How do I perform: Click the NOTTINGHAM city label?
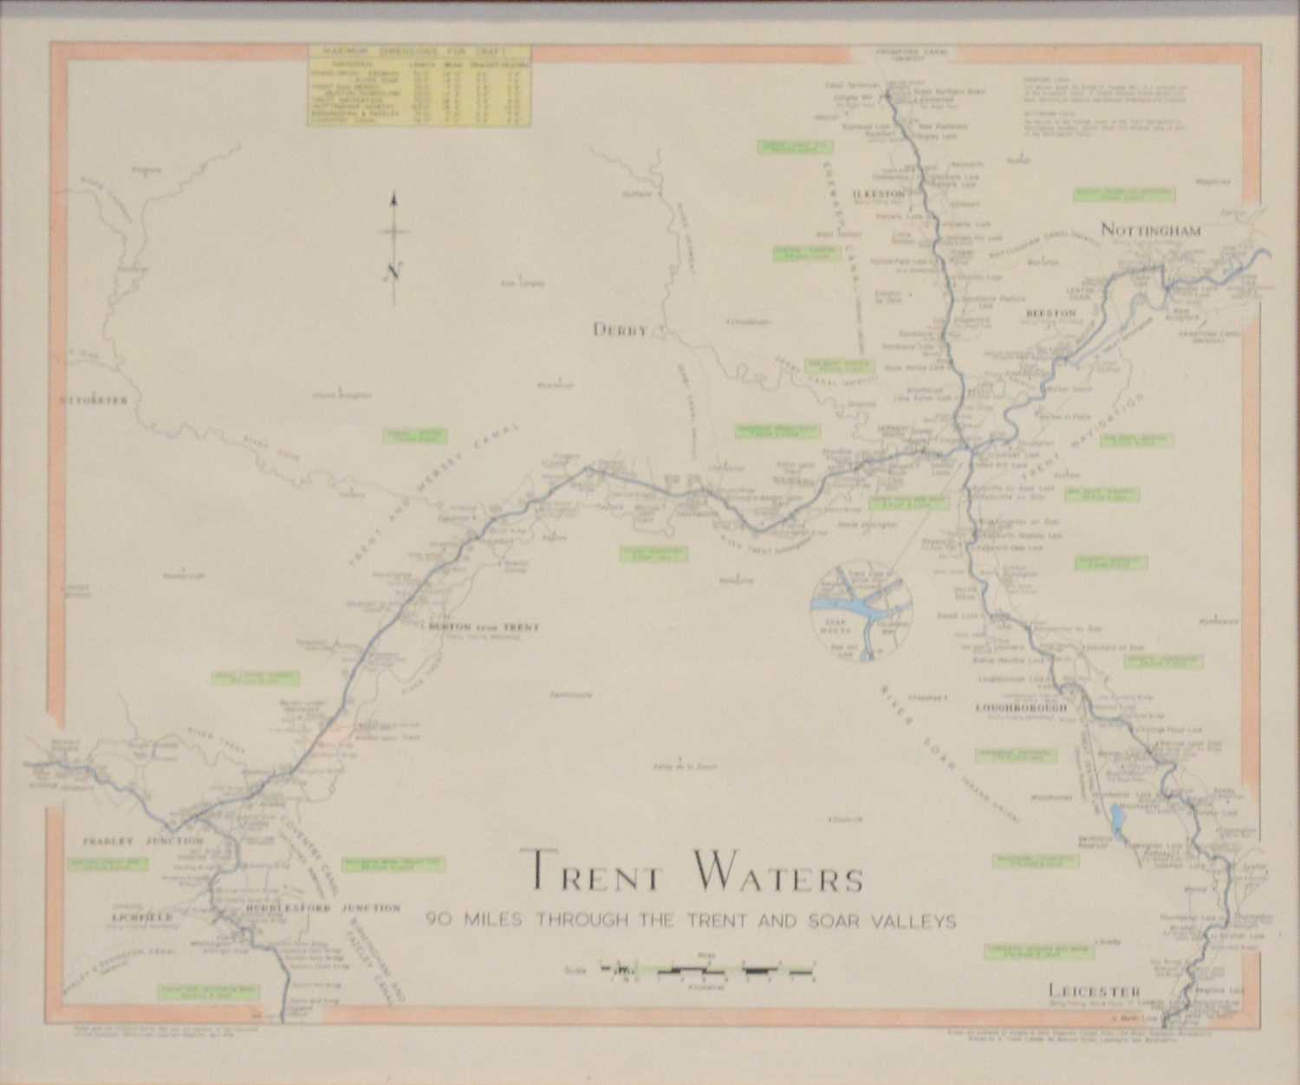(1151, 230)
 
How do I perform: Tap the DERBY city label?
(621, 330)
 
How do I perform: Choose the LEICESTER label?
(1093, 991)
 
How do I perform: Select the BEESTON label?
(1050, 314)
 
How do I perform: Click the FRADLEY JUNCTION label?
(143, 840)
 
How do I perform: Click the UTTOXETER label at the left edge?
(94, 400)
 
